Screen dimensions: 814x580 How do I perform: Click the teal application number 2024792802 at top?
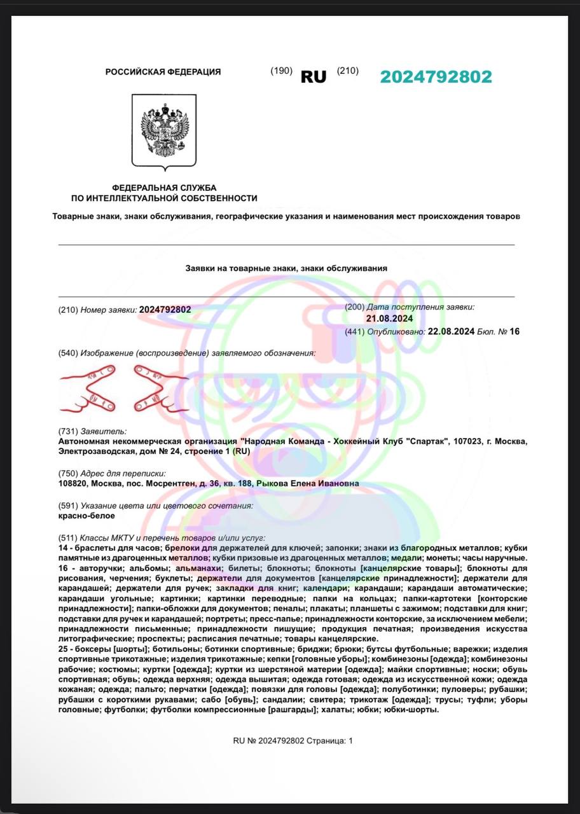tap(436, 77)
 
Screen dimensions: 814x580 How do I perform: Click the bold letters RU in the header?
tap(314, 77)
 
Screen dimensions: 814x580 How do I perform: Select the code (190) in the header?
tap(281, 71)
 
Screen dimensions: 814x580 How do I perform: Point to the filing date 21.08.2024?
tap(390, 319)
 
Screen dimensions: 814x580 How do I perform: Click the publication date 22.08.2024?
tap(451, 331)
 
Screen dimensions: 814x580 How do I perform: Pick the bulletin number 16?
tap(514, 331)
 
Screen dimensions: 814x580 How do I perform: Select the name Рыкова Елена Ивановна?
tap(308, 483)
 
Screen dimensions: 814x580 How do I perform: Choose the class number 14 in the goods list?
tap(62, 548)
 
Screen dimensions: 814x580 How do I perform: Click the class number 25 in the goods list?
tap(62, 649)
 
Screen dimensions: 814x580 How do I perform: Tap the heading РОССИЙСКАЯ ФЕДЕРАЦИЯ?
tap(163, 72)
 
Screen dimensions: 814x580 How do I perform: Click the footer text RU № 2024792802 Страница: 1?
tap(293, 741)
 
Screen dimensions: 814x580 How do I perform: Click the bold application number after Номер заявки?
tap(165, 310)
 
